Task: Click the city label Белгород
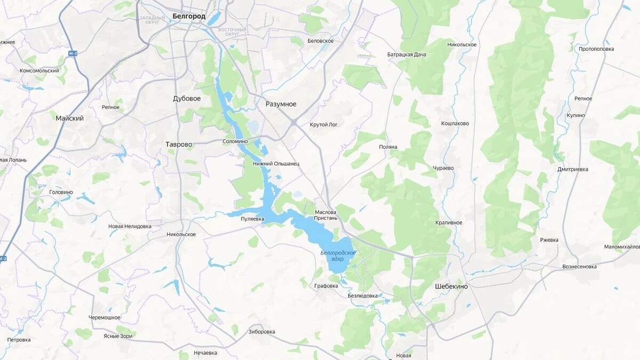(189, 17)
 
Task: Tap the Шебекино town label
(451, 286)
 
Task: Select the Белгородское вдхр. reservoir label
(338, 255)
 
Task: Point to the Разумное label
(281, 104)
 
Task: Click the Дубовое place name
(187, 99)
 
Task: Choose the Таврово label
(178, 144)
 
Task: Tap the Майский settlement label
(69, 118)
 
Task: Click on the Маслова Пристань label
(326, 215)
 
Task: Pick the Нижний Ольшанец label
(276, 164)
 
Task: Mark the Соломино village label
(235, 141)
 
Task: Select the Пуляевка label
(252, 219)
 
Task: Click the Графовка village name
(326, 286)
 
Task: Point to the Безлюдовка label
(362, 295)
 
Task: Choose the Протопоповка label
(596, 49)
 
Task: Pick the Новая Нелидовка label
(130, 226)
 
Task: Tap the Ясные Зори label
(117, 336)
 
